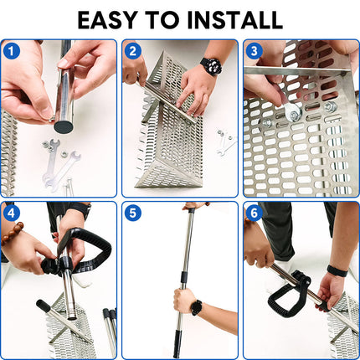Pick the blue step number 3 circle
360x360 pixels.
(x=255, y=51)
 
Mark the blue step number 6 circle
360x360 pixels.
(x=255, y=213)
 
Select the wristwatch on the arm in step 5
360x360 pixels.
(x=196, y=307)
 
